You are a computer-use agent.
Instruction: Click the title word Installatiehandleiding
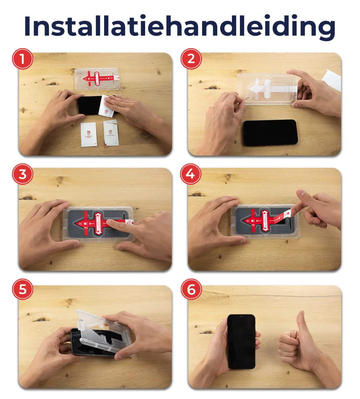(x=180, y=26)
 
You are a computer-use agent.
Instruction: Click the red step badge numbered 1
(x=22, y=59)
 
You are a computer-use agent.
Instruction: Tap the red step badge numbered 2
(x=191, y=59)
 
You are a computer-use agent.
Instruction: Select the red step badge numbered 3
(x=22, y=174)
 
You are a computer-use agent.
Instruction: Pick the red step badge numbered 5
(x=22, y=289)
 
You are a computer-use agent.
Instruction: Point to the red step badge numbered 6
(x=191, y=289)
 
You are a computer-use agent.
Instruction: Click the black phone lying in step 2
(x=270, y=133)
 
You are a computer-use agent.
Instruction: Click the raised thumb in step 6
(x=301, y=321)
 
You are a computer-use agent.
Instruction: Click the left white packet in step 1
(x=89, y=134)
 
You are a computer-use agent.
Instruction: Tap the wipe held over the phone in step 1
(x=108, y=106)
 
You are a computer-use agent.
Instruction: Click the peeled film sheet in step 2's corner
(x=332, y=80)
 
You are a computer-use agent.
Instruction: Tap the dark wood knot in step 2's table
(x=212, y=87)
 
